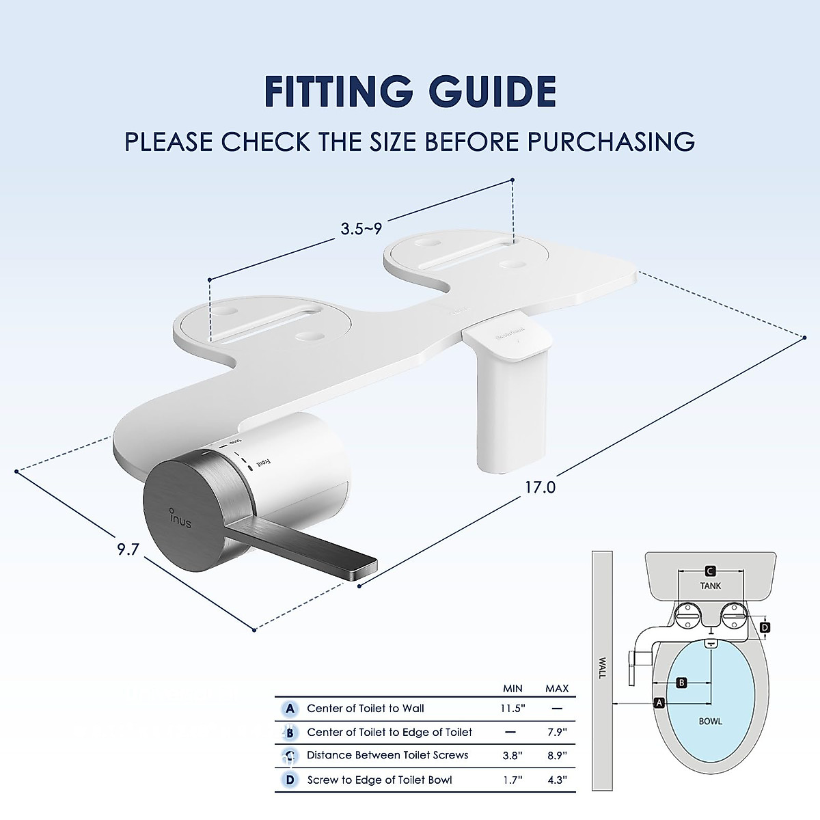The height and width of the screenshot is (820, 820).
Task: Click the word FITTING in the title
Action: pos(338,92)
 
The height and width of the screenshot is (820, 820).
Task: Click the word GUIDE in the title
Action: pos(490,92)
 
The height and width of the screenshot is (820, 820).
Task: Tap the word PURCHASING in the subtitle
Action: pos(611,141)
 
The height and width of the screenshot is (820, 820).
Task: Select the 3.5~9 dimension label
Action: pos(361,229)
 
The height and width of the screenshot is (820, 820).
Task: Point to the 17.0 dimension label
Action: pos(541,487)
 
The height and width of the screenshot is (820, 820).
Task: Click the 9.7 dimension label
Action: pos(128,549)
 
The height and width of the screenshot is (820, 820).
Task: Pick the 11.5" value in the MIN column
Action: pos(512,709)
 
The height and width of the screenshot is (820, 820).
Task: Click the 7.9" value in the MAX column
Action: pos(557,733)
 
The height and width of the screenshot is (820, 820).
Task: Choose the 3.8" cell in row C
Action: pos(512,756)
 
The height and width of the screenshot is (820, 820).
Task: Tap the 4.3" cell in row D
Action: pos(557,780)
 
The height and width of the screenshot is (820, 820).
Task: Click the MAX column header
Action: pos(557,688)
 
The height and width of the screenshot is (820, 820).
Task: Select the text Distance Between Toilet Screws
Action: pos(387,755)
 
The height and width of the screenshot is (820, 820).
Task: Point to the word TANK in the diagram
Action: pos(711,586)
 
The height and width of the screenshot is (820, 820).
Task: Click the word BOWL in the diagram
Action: pos(711,721)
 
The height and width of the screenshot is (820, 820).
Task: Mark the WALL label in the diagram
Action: pos(602,668)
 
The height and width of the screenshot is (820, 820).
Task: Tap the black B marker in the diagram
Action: pos(681,683)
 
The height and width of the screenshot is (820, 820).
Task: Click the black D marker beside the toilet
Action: pos(765,627)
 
